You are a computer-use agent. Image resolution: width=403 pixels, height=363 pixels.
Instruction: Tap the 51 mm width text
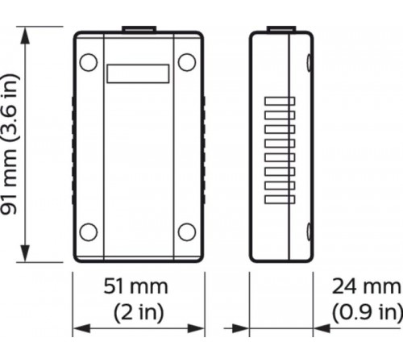click(x=138, y=286)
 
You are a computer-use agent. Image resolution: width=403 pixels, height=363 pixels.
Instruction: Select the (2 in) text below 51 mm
click(x=138, y=311)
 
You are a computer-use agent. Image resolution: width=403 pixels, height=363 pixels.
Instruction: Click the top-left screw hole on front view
click(x=89, y=61)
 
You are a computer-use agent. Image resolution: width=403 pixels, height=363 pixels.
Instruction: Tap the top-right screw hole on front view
click(x=187, y=61)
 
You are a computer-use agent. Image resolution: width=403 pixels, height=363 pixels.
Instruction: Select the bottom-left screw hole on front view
click(x=89, y=232)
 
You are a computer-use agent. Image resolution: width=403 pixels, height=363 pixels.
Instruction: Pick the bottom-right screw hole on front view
click(x=187, y=232)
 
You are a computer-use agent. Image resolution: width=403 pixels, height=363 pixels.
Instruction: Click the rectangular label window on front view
click(x=138, y=73)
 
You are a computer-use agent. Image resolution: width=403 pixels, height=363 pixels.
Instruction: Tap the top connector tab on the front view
click(x=138, y=30)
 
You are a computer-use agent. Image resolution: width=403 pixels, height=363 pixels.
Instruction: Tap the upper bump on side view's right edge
click(x=311, y=60)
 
